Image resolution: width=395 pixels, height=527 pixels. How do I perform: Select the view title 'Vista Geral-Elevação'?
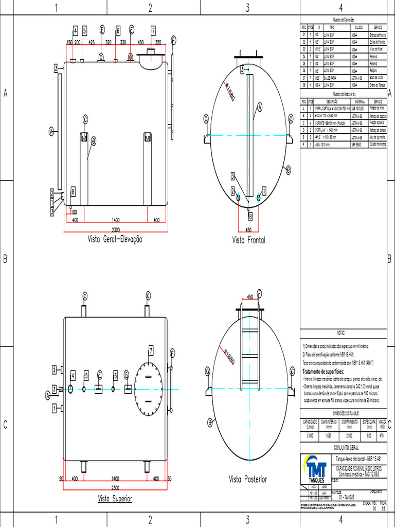click(x=115, y=239)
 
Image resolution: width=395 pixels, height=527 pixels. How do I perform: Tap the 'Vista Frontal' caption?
click(x=248, y=239)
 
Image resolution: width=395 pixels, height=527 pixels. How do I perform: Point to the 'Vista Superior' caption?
click(x=115, y=499)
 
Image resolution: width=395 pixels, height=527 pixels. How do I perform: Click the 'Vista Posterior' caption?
click(x=248, y=479)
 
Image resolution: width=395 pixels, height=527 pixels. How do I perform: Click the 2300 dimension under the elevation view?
click(x=115, y=229)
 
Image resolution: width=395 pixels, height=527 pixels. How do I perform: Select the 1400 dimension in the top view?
click(x=115, y=479)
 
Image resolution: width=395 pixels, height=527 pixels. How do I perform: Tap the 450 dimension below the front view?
click(x=248, y=230)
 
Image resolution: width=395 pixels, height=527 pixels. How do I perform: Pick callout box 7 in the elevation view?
click(x=153, y=30)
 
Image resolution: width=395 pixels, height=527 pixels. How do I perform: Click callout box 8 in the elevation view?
click(x=73, y=191)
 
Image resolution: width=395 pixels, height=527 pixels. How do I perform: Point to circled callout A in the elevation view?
click(x=51, y=131)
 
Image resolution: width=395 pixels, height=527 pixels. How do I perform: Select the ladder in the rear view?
click(x=249, y=350)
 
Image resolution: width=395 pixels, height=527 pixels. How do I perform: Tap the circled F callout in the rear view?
click(x=260, y=293)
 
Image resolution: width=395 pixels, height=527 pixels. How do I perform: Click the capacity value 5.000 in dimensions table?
click(x=310, y=435)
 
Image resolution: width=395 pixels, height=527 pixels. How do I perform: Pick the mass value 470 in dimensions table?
click(x=382, y=435)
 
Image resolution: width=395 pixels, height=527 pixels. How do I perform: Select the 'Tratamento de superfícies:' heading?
click(x=323, y=371)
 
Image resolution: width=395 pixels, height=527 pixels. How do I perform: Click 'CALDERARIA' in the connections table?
click(x=330, y=78)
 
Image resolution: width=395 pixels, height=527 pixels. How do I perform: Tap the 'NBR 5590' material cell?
click(x=356, y=145)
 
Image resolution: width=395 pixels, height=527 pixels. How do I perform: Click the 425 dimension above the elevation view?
click(x=91, y=42)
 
